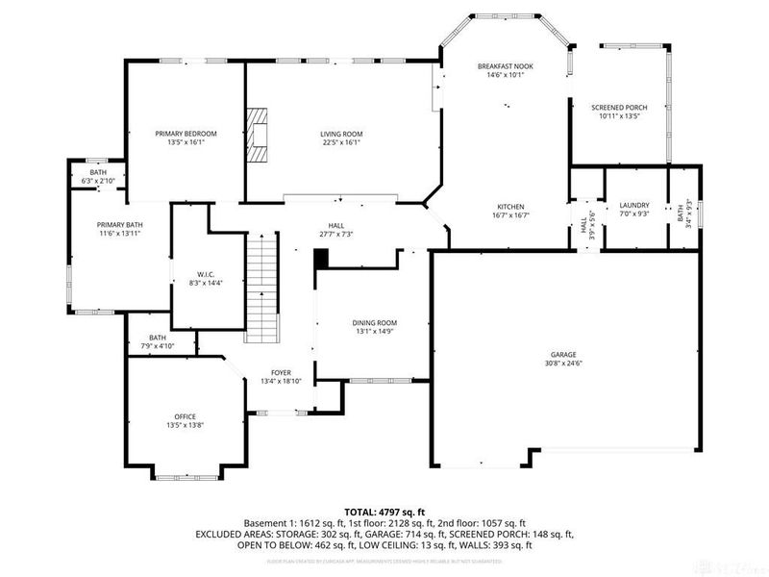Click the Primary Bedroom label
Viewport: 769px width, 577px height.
[x=186, y=133]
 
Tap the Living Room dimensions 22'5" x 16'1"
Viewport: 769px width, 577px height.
[x=341, y=142]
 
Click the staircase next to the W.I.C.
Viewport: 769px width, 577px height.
[x=261, y=289]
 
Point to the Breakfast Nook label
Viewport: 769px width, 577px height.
[x=505, y=65]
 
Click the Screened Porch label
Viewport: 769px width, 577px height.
[x=619, y=107]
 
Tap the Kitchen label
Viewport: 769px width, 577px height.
[x=509, y=206]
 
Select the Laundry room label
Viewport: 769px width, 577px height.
[x=634, y=204]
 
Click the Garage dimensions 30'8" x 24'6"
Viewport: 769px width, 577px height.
[x=565, y=364]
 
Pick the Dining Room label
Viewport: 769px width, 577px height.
[x=375, y=322]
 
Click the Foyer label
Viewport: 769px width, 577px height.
[x=282, y=372]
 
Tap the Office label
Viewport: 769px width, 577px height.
[x=186, y=416]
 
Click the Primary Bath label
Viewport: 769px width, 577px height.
[x=119, y=224]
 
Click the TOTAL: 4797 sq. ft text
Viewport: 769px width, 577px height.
[x=384, y=512]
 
